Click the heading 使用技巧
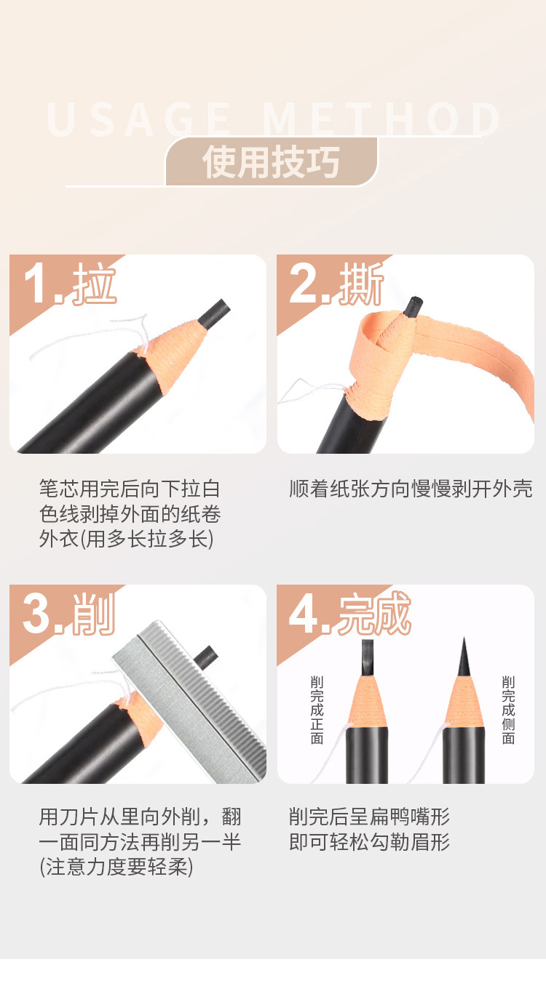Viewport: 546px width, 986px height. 272,161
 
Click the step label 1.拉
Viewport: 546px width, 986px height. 70,284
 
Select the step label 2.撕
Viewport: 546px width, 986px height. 336,284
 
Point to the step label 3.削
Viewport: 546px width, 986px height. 69,614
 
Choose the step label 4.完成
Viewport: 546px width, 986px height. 350,614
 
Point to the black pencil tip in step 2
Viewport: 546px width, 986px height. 414,305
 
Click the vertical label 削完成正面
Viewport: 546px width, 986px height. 317,710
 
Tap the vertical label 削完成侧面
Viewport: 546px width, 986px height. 508,710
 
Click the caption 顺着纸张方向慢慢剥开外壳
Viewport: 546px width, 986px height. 411,489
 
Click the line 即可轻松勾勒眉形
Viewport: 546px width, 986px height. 369,842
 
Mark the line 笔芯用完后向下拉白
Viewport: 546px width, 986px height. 130,489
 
